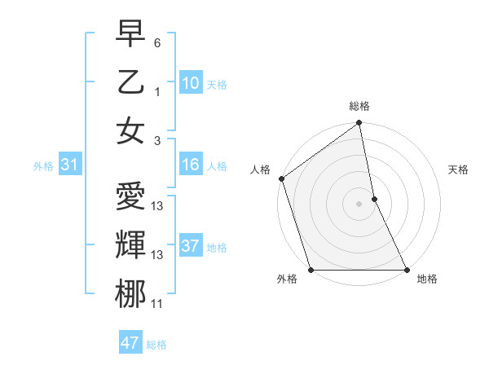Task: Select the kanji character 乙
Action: (x=130, y=82)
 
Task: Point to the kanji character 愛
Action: (x=130, y=198)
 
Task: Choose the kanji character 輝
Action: (x=130, y=245)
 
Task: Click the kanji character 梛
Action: (x=130, y=294)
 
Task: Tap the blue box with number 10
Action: (x=190, y=82)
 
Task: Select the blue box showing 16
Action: (x=190, y=165)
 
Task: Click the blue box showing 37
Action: (x=190, y=245)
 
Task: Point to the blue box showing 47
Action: (x=130, y=343)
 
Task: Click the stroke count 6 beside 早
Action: (x=157, y=40)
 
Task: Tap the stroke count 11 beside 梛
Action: (x=157, y=304)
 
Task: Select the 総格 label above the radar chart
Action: (x=359, y=106)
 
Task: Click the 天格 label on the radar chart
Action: (x=458, y=169)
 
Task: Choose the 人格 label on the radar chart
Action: (x=260, y=169)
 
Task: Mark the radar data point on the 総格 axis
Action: (x=359, y=125)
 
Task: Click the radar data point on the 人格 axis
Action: (x=281, y=178)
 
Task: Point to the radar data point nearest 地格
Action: (x=406, y=270)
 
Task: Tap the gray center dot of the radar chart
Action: (x=359, y=204)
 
